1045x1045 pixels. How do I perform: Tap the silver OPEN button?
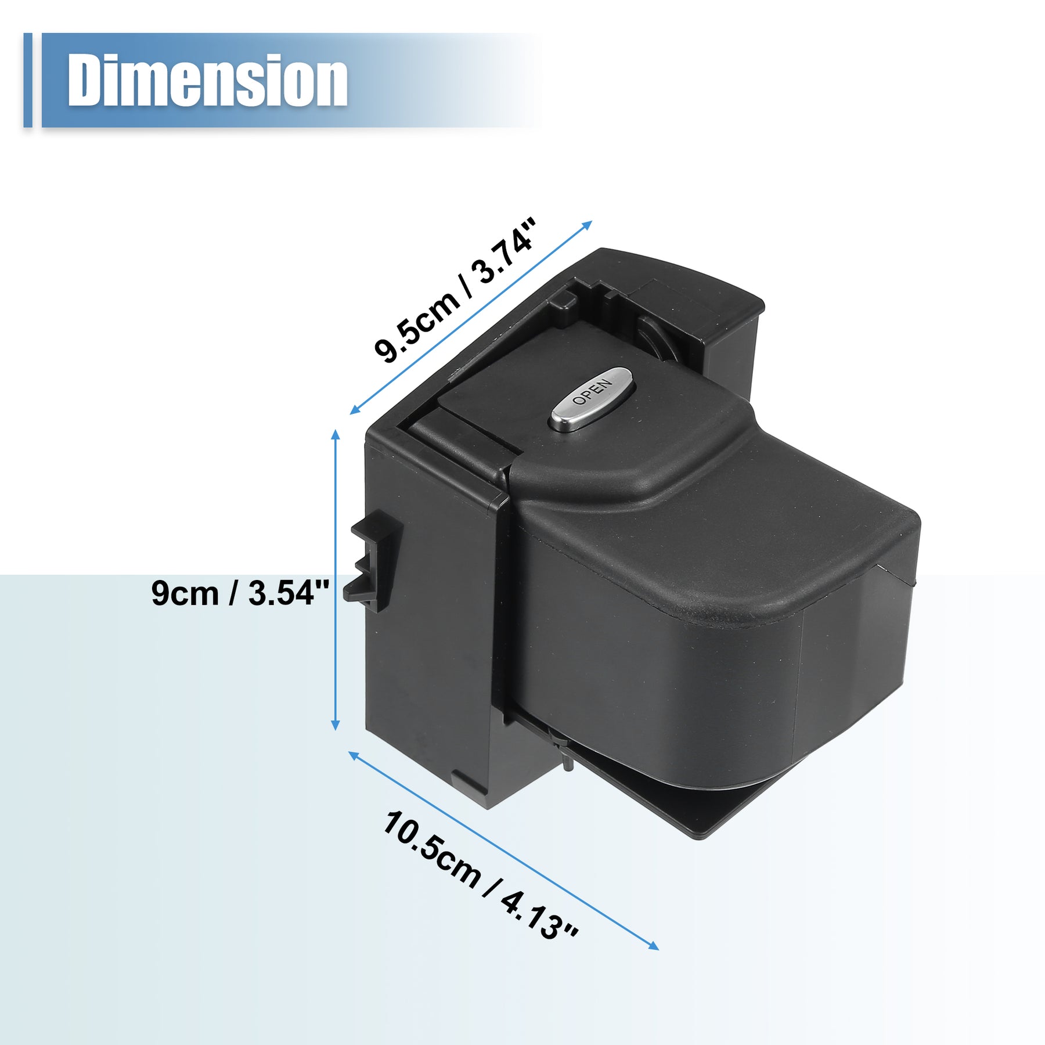[x=590, y=398]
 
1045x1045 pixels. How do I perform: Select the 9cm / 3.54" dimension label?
[x=240, y=593]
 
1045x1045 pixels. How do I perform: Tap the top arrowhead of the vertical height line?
[x=335, y=435]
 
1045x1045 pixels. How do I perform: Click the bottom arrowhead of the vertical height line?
[x=335, y=725]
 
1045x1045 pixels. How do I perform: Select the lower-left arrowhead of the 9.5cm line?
[x=355, y=410]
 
